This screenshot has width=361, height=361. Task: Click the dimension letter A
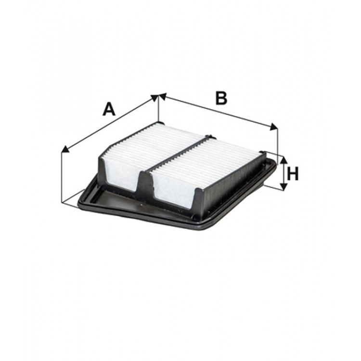pyautogui.click(x=109, y=110)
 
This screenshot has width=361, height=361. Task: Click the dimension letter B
pyautogui.click(x=220, y=98)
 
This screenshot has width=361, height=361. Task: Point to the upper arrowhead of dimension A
pyautogui.click(x=154, y=98)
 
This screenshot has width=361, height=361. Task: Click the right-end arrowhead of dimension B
pyautogui.click(x=274, y=127)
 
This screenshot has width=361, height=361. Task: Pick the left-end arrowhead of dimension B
pyautogui.click(x=163, y=98)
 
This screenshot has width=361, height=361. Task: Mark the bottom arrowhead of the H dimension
pyautogui.click(x=284, y=186)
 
